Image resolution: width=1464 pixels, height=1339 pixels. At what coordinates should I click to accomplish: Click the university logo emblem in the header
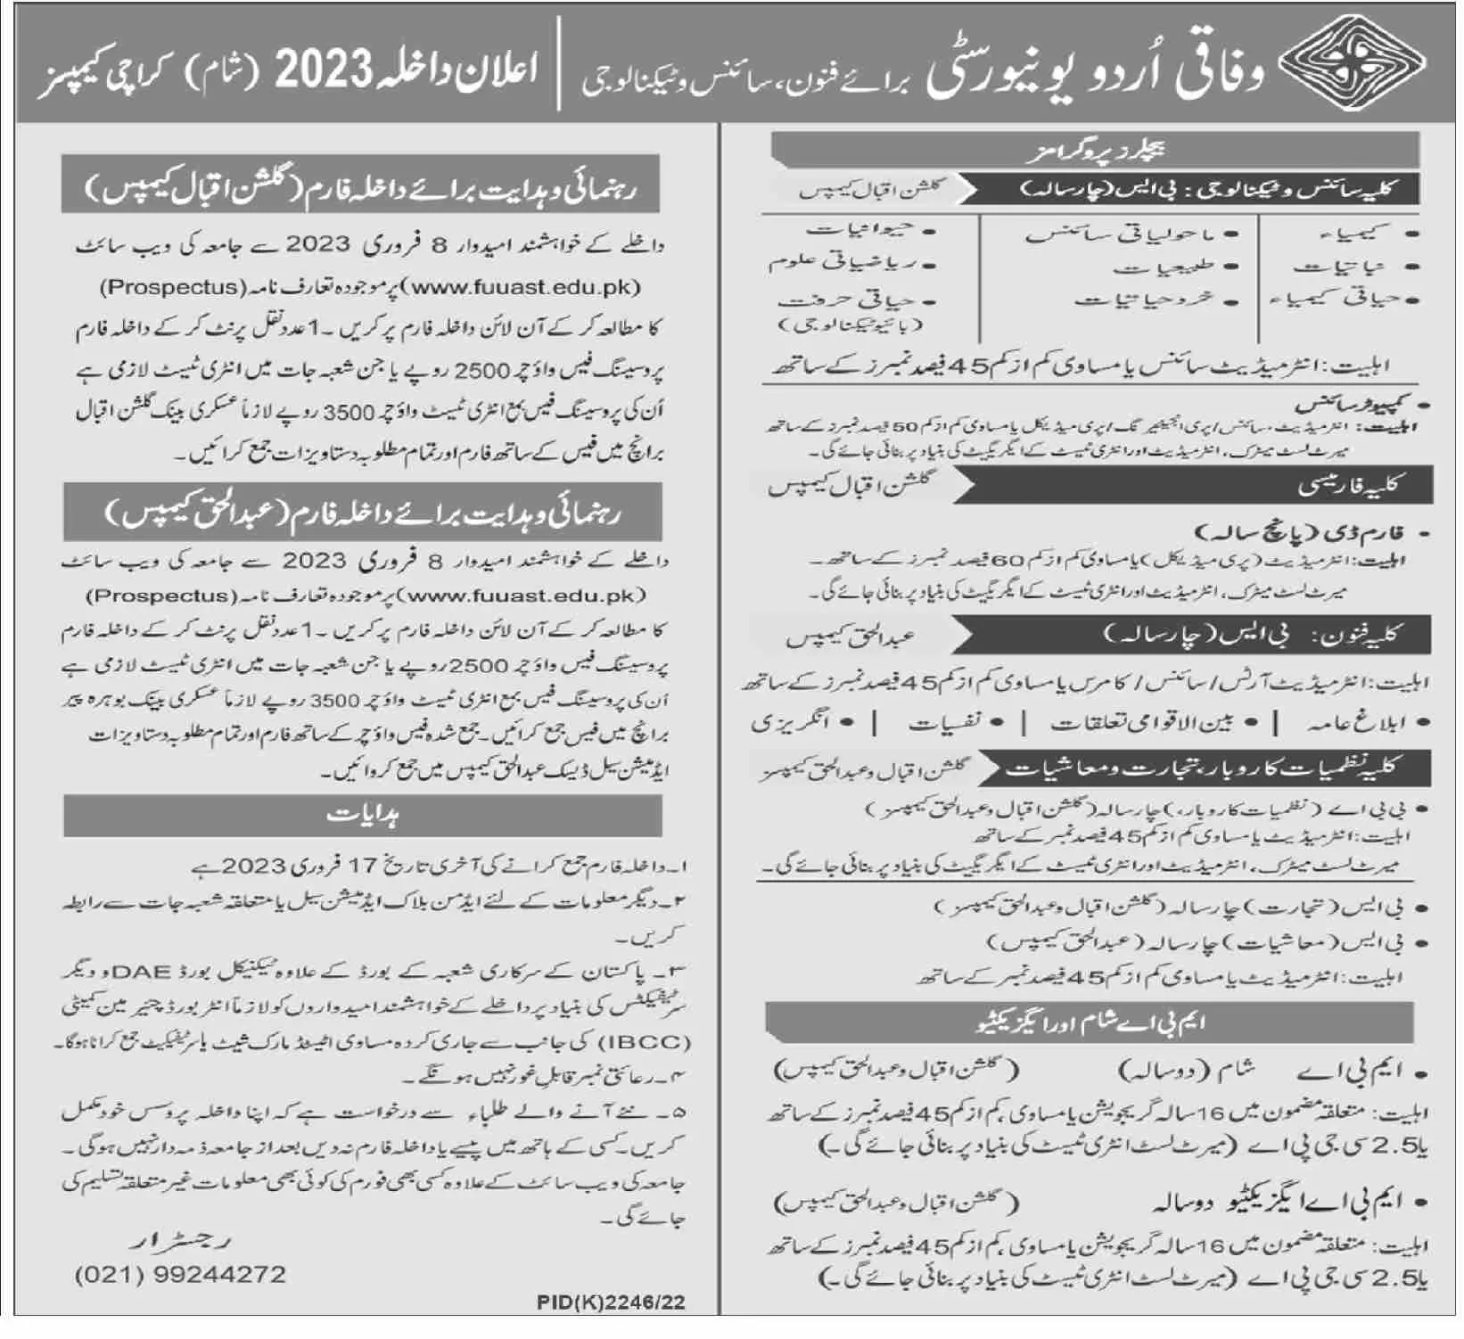1353,62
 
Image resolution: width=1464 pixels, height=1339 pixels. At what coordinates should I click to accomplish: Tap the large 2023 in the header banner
322,71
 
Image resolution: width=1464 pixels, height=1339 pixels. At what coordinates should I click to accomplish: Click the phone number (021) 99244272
180,1274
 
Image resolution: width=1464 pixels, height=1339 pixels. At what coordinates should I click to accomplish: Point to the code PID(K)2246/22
612,1302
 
